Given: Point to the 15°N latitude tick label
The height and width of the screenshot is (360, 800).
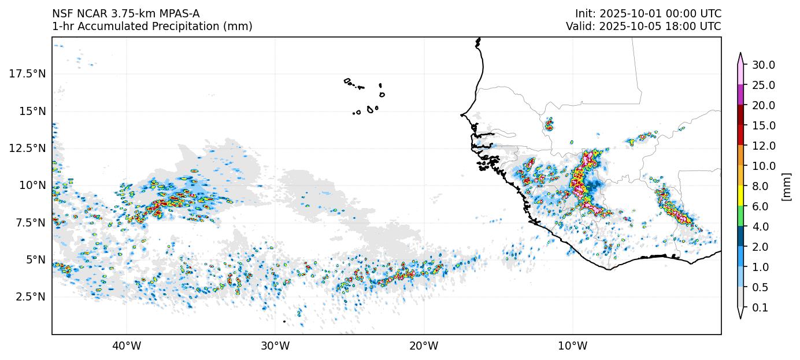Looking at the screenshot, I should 32,111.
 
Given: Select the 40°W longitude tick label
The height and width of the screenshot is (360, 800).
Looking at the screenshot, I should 126,346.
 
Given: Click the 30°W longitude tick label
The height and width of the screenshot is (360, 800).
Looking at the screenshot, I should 275,346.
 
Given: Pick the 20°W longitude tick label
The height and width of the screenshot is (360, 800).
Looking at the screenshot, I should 424,346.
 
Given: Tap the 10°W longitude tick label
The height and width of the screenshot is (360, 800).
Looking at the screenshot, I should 573,346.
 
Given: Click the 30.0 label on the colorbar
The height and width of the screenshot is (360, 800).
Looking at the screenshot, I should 763,65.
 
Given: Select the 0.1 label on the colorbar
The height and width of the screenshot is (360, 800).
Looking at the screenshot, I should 760,308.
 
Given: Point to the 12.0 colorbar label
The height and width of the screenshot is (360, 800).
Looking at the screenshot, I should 763,146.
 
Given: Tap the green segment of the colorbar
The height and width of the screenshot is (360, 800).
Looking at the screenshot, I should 740,216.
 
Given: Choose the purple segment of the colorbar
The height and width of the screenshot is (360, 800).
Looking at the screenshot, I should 740,95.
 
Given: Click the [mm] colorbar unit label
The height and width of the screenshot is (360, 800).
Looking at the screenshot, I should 786,186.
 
